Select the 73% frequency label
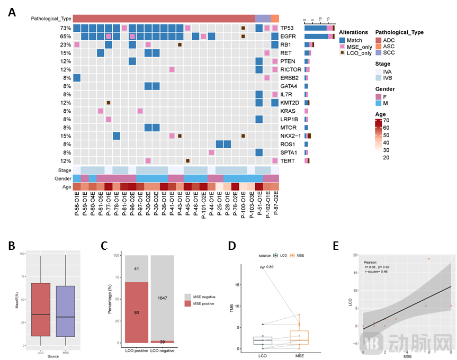[66, 28]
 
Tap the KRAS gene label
[288, 111]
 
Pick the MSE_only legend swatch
[343, 47]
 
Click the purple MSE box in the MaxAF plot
[65, 311]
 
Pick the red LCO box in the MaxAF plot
[40, 310]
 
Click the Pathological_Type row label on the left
[50, 19]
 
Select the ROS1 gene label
[288, 144]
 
